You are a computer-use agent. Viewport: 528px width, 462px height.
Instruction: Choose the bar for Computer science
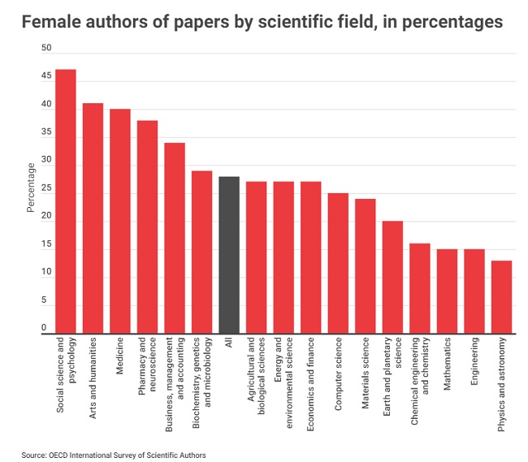pyautogui.click(x=338, y=263)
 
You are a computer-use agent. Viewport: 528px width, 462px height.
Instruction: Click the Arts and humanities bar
pyautogui.click(x=93, y=218)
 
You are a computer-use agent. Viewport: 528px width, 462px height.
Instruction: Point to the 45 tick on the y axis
pyautogui.click(x=46, y=76)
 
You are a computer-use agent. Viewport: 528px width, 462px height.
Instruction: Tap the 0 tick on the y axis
pyautogui.click(x=47, y=327)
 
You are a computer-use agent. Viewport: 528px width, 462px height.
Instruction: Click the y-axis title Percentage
pyautogui.click(x=32, y=188)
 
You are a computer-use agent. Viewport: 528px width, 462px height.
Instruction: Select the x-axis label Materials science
pyautogui.click(x=366, y=369)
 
